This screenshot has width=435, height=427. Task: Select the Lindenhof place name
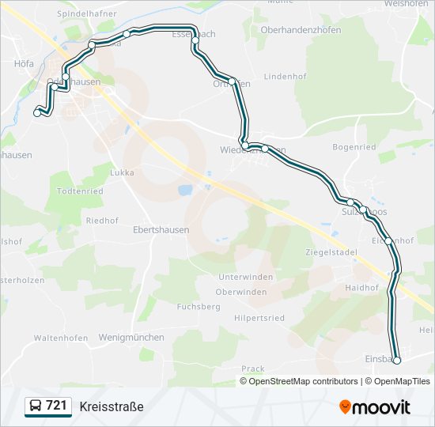click(x=286, y=76)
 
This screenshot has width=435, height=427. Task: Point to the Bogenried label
click(x=354, y=147)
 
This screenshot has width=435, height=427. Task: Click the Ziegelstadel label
click(x=331, y=252)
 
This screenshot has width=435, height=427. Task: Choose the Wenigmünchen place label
click(x=132, y=337)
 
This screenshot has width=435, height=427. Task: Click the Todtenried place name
click(x=81, y=191)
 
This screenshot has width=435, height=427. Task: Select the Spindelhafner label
click(x=87, y=14)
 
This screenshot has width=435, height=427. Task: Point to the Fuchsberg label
click(x=199, y=306)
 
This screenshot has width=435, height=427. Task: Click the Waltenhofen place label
click(x=61, y=338)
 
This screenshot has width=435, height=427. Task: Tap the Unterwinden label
click(x=246, y=277)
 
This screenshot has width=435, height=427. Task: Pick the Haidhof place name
click(x=362, y=288)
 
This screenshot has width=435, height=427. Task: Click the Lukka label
click(x=123, y=172)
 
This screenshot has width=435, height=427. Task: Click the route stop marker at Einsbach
click(x=397, y=361)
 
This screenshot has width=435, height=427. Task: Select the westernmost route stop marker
click(x=36, y=114)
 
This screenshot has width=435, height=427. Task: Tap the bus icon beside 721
click(x=36, y=406)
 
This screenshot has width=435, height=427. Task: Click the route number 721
click(x=56, y=406)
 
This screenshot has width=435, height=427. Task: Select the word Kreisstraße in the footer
click(x=112, y=406)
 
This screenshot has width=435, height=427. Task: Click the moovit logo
click(x=375, y=407)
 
